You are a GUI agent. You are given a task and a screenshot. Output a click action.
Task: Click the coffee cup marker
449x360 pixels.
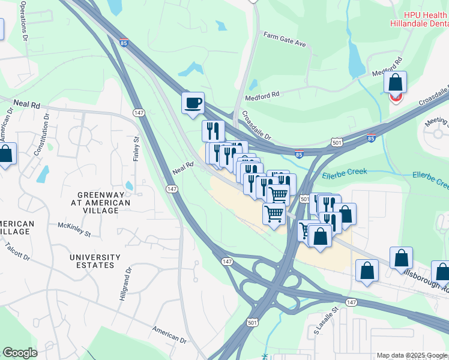pos(193,103)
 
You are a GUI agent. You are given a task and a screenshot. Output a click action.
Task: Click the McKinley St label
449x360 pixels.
pos(74,229)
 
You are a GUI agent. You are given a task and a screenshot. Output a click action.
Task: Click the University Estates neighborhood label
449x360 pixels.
pos(91,261)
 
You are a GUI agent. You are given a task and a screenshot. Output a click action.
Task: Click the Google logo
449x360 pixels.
pos(19,353)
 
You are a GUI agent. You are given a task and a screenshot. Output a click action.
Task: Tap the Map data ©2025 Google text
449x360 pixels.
pos(412,355)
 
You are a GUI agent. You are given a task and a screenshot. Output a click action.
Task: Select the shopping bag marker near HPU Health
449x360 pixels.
pos(396,83)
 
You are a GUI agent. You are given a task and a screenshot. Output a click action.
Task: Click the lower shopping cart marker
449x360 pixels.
pos(274,214)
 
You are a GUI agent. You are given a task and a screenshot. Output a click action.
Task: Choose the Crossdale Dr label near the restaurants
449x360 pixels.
pos(257,125)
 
